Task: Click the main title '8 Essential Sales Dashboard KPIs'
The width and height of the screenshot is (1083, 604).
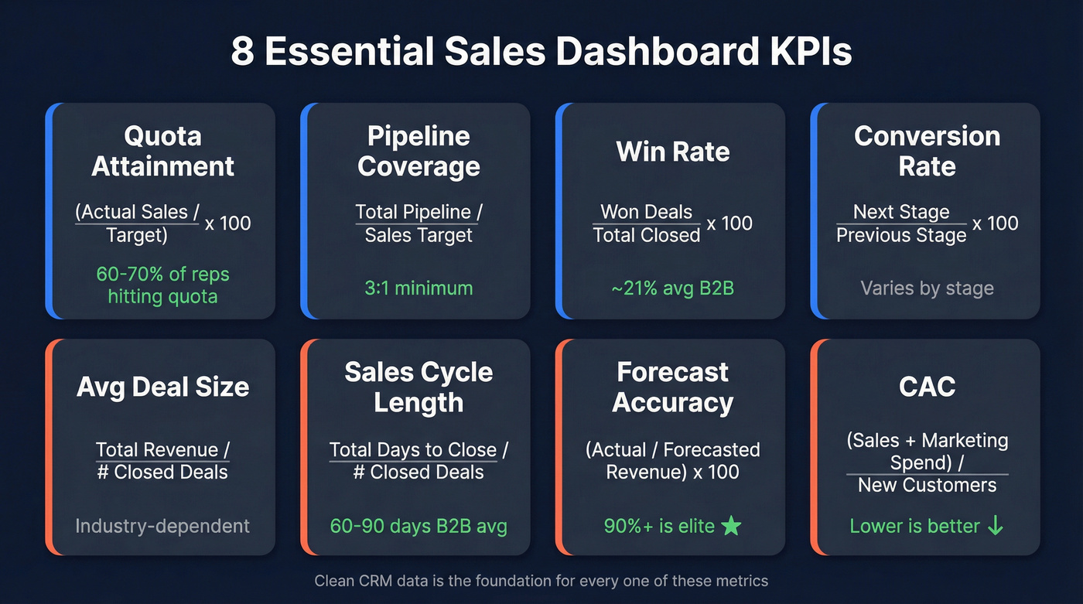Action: (x=541, y=52)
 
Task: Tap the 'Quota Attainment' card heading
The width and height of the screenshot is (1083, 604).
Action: (x=162, y=151)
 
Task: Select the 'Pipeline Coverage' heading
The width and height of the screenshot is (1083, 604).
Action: (x=419, y=151)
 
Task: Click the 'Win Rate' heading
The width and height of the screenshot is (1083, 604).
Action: (x=673, y=152)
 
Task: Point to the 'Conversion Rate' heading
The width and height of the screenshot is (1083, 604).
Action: (x=927, y=151)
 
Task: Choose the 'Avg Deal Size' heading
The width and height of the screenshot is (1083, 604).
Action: (x=162, y=387)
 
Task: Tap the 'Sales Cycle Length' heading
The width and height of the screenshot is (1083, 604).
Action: (x=419, y=387)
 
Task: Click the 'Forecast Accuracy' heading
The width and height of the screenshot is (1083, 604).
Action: (x=673, y=387)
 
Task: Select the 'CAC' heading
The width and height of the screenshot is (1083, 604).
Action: (x=927, y=387)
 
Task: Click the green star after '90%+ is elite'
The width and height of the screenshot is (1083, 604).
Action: (x=730, y=527)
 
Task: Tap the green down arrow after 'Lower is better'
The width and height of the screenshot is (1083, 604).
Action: (x=996, y=527)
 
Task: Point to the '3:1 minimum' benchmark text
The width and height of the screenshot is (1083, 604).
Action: (x=419, y=288)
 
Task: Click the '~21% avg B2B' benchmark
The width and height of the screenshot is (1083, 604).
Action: (x=673, y=288)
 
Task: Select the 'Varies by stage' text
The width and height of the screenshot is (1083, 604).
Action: (x=927, y=288)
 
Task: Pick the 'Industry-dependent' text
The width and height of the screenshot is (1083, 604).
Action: (x=162, y=527)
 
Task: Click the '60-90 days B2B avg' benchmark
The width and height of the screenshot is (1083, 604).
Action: (x=419, y=527)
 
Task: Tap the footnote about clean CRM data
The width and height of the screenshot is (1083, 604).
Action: (x=541, y=580)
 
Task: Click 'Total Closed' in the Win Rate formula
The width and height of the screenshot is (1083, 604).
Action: (x=646, y=235)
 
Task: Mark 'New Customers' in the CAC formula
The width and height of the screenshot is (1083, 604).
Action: (x=927, y=486)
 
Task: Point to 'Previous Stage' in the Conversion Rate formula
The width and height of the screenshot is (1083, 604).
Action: (x=901, y=235)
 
